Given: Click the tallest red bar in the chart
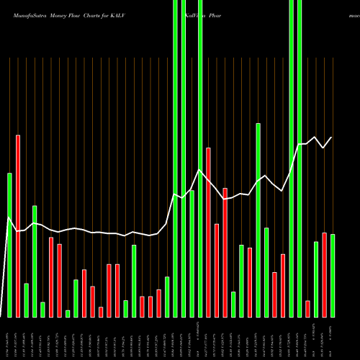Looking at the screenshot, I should [x=18, y=225].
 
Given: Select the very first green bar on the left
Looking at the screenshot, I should [x=10, y=245].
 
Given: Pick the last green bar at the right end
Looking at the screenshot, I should [x=333, y=275].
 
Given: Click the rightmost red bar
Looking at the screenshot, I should [x=324, y=274].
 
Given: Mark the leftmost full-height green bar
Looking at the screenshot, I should [x=175, y=158].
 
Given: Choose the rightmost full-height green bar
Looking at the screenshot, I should [x=300, y=158].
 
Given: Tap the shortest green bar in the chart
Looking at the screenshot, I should [x=68, y=313].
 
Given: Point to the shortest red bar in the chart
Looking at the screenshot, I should [x=101, y=311].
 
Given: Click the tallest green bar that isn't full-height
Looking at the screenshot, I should [x=258, y=220].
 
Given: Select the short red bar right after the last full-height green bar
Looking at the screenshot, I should [x=307, y=308].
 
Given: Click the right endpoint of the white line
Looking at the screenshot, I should [x=332, y=137].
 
